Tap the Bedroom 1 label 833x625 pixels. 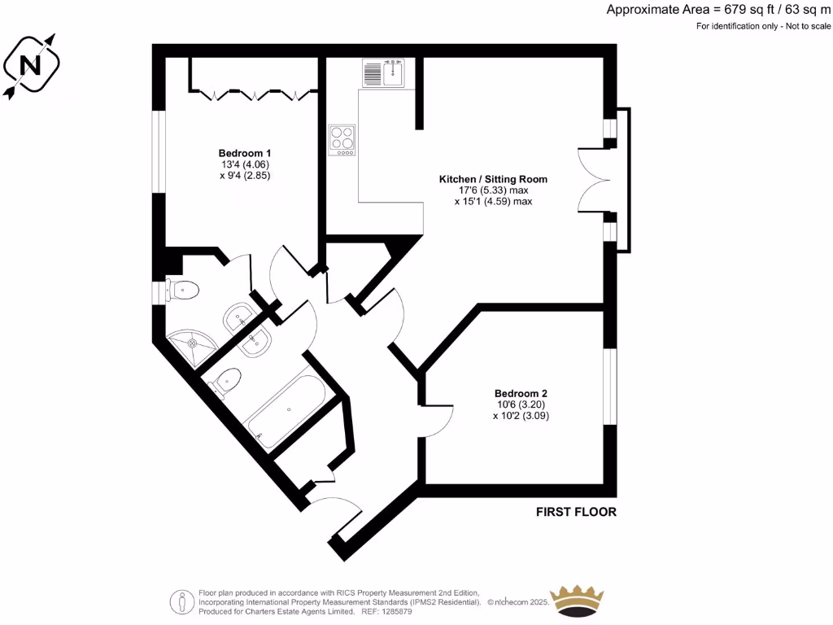pos(244,153)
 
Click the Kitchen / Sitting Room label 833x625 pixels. pos(493,179)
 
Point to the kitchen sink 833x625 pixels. pos(383,73)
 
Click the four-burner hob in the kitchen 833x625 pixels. pos(342,139)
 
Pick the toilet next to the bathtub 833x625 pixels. pos(227,381)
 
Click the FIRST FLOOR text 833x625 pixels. pos(576,512)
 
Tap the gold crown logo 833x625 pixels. pos(580,601)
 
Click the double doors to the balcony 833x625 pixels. pos(592,181)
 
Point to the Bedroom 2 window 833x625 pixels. pos(608,387)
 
